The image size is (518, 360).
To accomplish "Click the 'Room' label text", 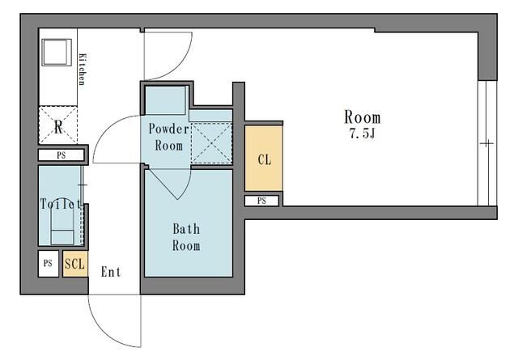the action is pos(363,117).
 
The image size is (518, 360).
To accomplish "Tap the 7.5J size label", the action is pos(363,133).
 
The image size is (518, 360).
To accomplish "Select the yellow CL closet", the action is pos(264,158).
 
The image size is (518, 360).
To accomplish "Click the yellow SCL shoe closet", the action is pos(75,264).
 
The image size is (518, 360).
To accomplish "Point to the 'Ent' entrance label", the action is pos(111,272).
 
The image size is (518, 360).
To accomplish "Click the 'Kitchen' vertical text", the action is pos(83,70).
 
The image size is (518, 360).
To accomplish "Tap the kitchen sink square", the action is pos(57,53).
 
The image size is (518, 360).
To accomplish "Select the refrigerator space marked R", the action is pos(58,125).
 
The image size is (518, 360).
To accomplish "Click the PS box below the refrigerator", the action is pos(62,155).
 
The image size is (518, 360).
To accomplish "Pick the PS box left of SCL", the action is pos(49,264).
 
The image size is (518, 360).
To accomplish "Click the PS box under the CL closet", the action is pos(261,201).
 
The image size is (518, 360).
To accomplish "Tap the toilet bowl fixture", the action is pos(62,227).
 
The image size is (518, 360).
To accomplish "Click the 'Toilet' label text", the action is pos(61,204).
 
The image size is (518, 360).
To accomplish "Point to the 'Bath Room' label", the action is pos(186,237).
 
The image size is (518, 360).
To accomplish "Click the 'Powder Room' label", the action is pos(169,137).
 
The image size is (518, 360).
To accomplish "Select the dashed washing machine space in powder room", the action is pos(211,142).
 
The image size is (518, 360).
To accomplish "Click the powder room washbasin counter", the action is pos(165,100).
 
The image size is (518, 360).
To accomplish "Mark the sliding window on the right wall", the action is pos(487,143).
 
